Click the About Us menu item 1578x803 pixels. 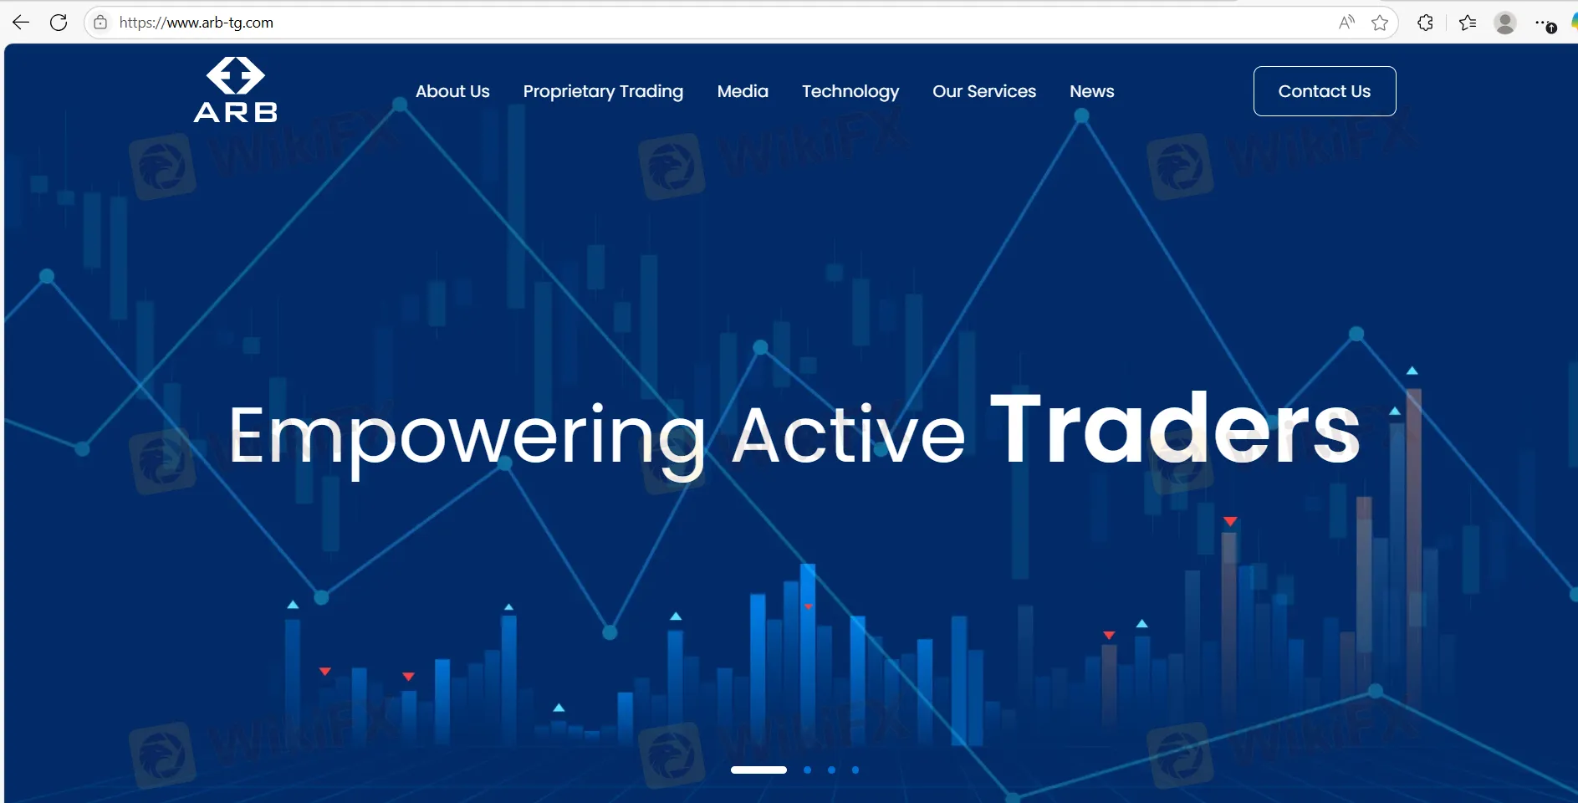[452, 91]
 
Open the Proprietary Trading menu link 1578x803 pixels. [603, 92]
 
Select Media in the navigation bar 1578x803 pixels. [743, 91]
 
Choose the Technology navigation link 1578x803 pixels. [850, 92]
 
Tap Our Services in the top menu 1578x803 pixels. [984, 91]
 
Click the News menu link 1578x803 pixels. [1091, 91]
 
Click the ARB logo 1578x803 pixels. [236, 90]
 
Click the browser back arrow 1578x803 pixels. [21, 23]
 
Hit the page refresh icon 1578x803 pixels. [59, 23]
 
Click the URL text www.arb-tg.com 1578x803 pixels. [220, 23]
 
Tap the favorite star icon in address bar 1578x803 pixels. [1380, 23]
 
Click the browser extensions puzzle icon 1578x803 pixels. [1426, 23]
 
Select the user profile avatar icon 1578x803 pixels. [1505, 23]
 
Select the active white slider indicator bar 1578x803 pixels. [758, 770]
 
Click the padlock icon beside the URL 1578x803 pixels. [100, 23]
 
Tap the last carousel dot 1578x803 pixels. [855, 770]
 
